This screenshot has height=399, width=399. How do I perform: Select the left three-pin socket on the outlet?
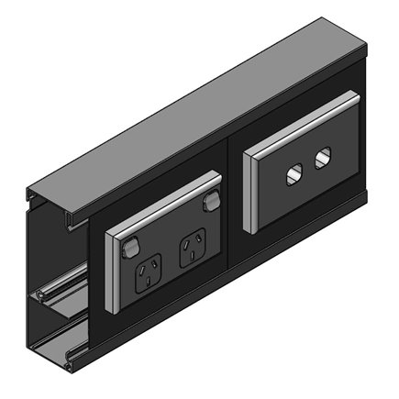coord(149,269)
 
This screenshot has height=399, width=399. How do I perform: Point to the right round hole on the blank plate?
coord(322,159)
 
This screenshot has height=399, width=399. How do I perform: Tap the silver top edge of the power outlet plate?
coord(165,208)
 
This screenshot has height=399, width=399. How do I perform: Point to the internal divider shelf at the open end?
coord(55,295)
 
